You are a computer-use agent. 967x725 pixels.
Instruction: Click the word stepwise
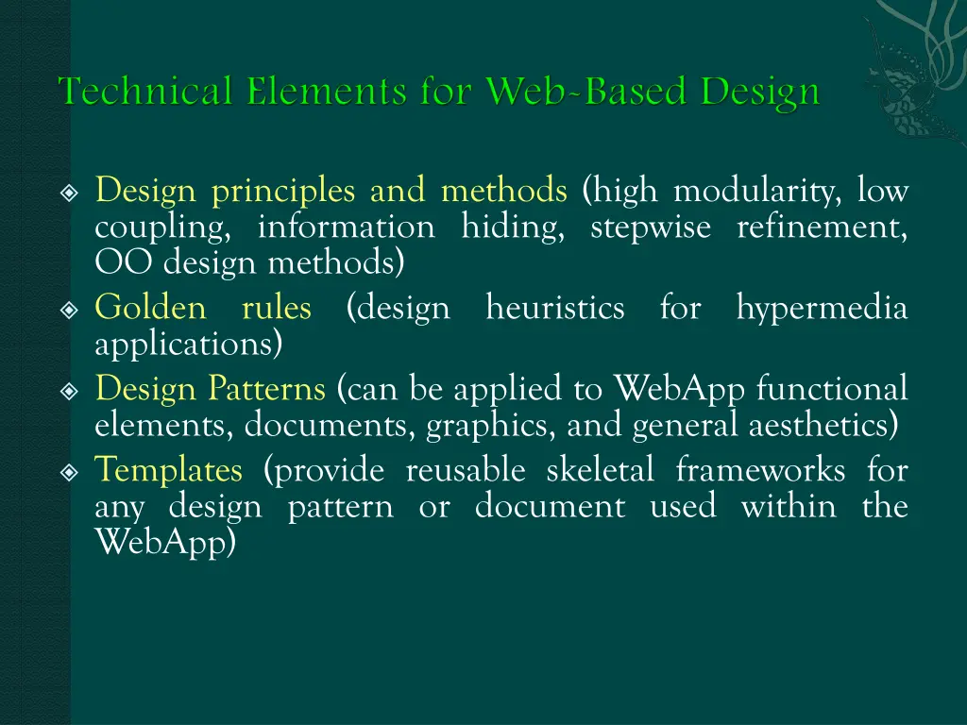coord(651,228)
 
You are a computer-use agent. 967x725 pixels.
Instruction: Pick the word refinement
coord(822,228)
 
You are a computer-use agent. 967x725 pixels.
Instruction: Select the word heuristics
coord(554,308)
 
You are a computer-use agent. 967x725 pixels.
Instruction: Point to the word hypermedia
coord(822,309)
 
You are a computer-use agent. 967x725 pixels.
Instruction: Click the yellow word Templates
coord(168,470)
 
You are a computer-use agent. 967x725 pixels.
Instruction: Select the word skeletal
coord(598,469)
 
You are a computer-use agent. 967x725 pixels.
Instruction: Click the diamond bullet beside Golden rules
coord(68,310)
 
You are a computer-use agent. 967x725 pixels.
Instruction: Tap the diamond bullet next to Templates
coord(68,471)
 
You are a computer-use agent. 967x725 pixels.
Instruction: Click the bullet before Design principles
coord(68,194)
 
